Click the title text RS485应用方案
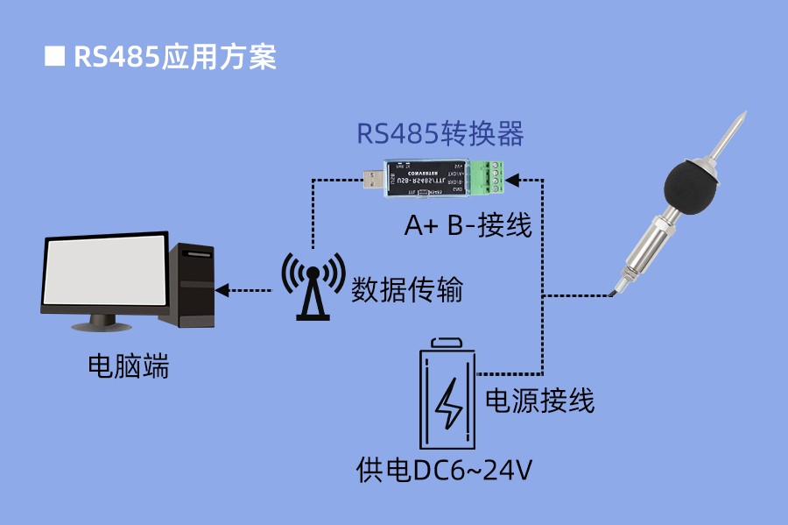tap(175, 57)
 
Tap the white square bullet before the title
tap(54, 57)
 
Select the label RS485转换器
tap(440, 134)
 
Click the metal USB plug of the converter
tap(374, 179)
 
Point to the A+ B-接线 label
tap(468, 226)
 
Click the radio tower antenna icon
tap(312, 285)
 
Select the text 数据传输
tap(407, 288)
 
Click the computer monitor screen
tap(105, 273)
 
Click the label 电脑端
tap(128, 365)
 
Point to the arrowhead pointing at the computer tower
tap(222, 288)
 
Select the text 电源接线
tap(540, 401)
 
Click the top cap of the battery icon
tap(449, 343)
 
